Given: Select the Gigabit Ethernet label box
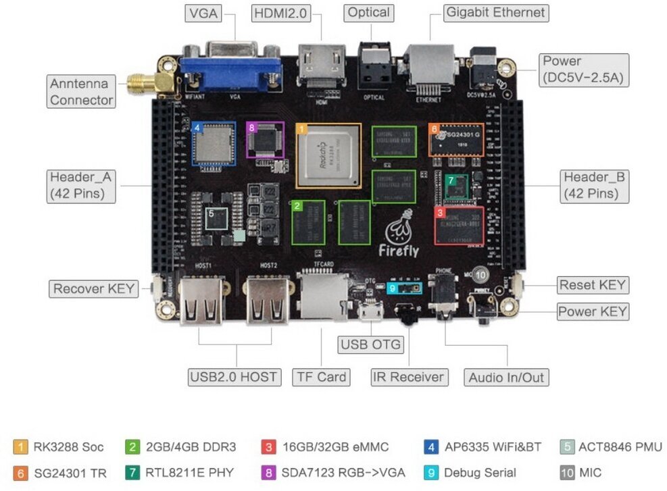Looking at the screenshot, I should coord(495,13).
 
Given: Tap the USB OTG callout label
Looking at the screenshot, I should coord(370,344).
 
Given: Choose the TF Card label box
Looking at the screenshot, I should coord(321,377).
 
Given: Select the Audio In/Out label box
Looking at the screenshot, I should coord(507,377).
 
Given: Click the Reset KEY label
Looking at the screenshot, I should coord(592,285).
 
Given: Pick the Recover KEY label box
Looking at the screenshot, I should coord(95,289).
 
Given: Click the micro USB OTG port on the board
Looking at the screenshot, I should coord(370,313).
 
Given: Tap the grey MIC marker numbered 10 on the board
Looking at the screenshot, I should coord(480,275).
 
